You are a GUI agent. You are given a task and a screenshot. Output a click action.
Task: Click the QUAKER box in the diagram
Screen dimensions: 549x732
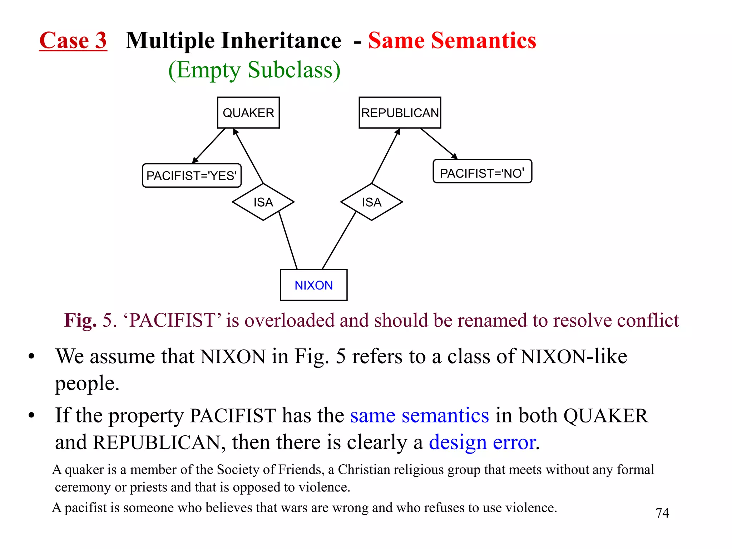248,113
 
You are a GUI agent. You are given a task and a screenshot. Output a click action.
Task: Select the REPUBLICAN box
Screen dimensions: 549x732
400,113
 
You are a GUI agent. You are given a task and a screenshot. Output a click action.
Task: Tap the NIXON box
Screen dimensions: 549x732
313,285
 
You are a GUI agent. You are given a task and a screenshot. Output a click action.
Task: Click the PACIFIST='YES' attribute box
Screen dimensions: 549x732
192,175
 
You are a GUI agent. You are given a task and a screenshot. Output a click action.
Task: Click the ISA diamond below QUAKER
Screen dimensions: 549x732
263,202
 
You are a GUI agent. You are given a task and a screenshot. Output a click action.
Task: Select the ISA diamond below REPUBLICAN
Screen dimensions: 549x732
371,202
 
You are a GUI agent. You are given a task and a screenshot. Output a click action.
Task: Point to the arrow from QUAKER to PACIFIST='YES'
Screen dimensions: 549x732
209,146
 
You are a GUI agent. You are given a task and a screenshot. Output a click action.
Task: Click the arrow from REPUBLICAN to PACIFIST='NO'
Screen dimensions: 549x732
439,143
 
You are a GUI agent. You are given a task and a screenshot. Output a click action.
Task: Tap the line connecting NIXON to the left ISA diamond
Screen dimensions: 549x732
288,240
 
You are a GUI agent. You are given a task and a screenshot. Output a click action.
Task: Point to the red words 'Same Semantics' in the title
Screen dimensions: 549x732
452,40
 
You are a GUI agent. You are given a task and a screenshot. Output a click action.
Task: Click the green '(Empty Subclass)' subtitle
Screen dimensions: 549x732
254,70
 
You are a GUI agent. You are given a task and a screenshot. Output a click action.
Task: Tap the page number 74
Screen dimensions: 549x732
662,513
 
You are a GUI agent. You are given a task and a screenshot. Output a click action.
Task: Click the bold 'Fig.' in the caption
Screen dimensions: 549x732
80,320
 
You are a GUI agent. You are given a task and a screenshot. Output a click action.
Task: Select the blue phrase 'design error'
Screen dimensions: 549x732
482,442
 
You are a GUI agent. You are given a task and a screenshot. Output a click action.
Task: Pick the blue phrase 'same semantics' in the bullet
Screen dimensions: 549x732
419,415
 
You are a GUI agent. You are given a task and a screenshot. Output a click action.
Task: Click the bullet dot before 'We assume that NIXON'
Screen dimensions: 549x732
31,356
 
